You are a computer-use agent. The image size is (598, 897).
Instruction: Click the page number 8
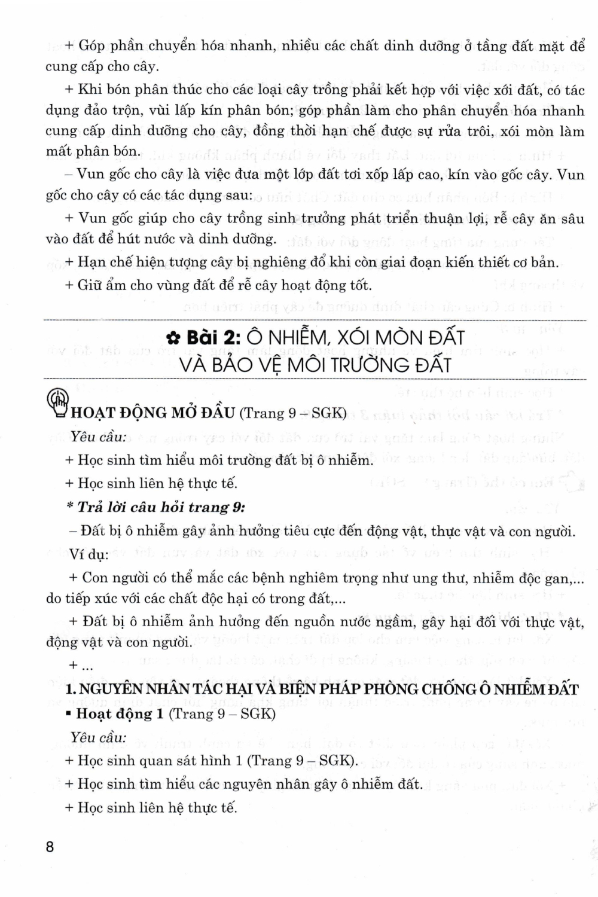[50, 847]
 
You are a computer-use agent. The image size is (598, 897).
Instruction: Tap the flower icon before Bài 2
[173, 338]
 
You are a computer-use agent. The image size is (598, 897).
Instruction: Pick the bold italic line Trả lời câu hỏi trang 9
[156, 507]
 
